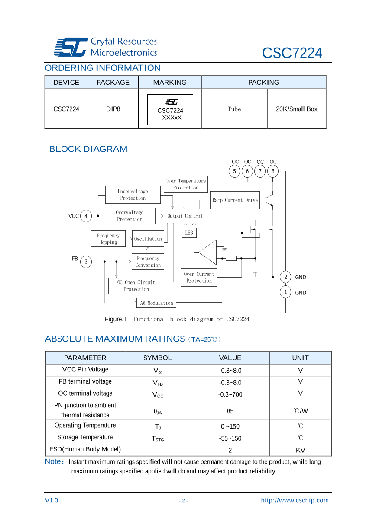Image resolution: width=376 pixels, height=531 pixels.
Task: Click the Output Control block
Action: [185, 216]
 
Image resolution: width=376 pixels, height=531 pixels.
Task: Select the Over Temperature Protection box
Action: [186, 184]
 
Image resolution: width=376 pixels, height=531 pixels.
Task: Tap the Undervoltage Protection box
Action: [133, 195]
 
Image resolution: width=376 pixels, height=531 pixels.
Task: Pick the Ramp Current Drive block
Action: [235, 200]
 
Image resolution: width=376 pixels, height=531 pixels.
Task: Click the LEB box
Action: [189, 233]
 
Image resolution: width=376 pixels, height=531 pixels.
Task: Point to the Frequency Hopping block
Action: [108, 239]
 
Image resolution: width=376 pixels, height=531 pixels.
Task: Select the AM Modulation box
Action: [156, 303]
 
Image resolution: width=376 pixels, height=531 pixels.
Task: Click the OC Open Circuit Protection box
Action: [136, 286]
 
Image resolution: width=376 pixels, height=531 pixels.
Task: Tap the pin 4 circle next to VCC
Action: [86, 216]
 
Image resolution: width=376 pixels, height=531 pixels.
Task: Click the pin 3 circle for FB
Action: [86, 262]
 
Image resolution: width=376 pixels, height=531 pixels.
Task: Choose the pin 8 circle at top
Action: [273, 171]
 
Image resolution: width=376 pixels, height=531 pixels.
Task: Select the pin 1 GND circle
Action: [285, 292]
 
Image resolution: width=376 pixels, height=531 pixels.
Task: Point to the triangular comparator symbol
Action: [208, 252]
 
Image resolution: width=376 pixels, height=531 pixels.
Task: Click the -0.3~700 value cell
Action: [230, 394]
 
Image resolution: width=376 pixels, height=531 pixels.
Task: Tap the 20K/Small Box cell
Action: [297, 109]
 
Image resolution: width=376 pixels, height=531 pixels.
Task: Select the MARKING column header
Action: [170, 82]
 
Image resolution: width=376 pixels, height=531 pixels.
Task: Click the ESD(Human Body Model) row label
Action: [85, 449]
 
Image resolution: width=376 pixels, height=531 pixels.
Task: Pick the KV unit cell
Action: [300, 450]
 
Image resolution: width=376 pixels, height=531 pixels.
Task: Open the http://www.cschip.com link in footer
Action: [295, 500]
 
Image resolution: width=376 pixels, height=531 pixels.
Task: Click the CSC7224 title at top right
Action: [292, 53]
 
